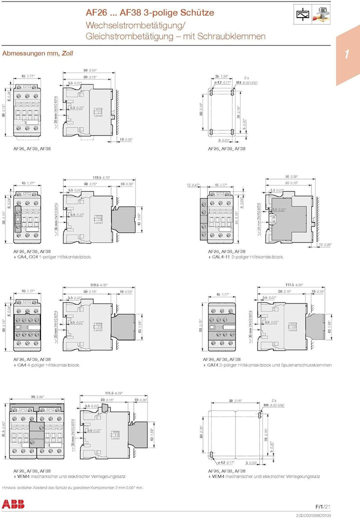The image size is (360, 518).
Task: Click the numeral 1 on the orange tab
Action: click(x=346, y=54)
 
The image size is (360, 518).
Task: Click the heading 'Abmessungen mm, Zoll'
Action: click(x=34, y=53)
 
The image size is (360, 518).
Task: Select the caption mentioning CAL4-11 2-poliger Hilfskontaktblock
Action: click(x=245, y=257)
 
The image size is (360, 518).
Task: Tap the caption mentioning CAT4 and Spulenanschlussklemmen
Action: click(x=267, y=365)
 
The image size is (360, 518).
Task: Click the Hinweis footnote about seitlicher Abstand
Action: click(x=73, y=486)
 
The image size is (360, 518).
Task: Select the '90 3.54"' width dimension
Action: click(x=37, y=396)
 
